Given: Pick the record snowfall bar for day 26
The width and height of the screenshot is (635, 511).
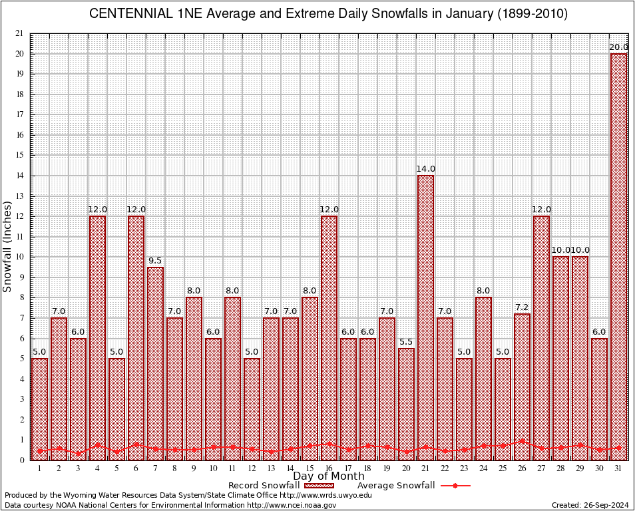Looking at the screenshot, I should pos(522,387).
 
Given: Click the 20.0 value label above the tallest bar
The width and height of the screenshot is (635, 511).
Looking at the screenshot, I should pos(618,47).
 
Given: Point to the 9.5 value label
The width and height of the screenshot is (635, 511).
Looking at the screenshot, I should pos(155,261).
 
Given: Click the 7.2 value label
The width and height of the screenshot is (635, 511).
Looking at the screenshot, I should pos(522,307).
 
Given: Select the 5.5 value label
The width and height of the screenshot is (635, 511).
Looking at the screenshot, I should pos(406,342).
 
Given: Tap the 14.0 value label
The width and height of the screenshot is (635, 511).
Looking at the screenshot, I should pos(425,169).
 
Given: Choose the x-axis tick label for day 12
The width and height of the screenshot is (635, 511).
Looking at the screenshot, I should pos(252,468).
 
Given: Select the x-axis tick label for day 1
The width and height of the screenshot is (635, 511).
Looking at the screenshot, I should pos(39,468).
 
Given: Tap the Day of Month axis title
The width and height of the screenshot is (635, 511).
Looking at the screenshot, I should pos(328,476).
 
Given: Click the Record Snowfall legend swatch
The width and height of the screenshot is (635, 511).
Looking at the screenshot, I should pos(319,486).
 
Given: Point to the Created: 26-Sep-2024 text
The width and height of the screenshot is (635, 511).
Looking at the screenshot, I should pos(590,505).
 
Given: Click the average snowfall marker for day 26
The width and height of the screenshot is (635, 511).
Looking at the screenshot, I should pos(522,440).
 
